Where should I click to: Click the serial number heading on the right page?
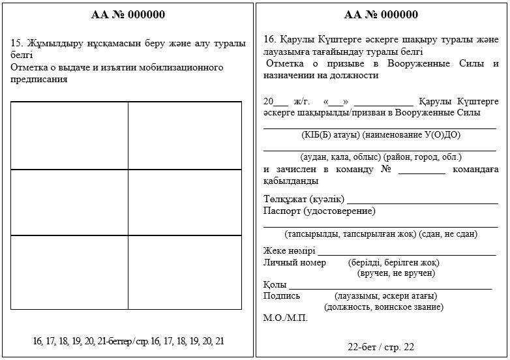coord(381,14)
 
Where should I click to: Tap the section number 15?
coord(17,44)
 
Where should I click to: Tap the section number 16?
coord(269,39)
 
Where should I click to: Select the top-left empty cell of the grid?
coord(69,135)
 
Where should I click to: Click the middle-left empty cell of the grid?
coord(69,202)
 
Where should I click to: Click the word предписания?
coord(39,80)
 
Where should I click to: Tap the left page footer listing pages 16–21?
coord(128,341)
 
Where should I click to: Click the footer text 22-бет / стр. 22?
coord(381,347)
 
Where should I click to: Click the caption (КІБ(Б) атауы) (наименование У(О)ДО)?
coord(381,135)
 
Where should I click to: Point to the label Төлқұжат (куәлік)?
coord(303,199)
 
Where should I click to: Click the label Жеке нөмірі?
coord(289,251)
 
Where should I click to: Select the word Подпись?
coord(281,295)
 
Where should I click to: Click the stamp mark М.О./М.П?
coord(285,318)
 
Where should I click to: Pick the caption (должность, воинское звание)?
coord(383,307)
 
